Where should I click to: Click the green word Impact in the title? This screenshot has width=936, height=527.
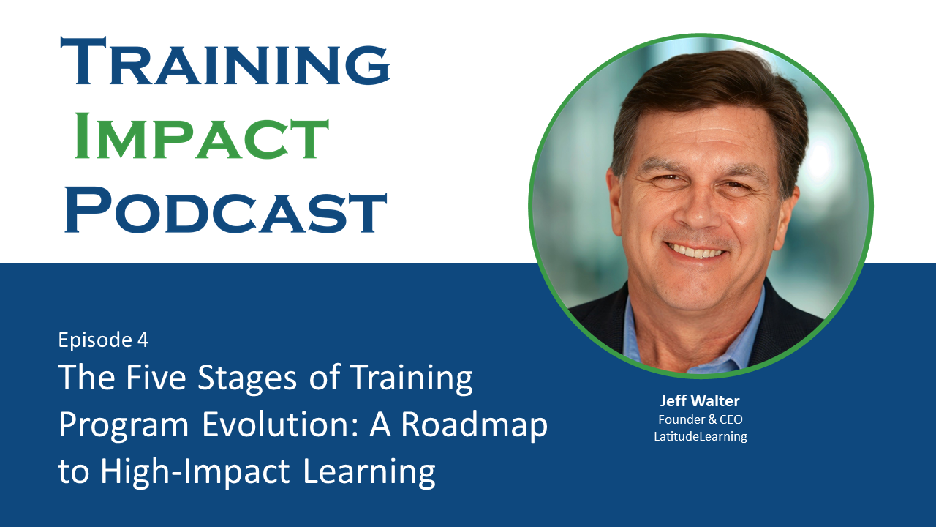202,136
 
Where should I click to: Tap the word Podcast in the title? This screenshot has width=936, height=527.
226,210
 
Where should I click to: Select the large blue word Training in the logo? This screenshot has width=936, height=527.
225,61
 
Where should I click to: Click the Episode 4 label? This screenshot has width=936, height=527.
103,340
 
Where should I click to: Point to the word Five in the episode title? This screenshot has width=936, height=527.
156,377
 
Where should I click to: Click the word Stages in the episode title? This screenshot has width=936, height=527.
247,378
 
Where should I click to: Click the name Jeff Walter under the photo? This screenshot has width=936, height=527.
700,400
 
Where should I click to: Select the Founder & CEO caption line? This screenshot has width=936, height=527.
701,419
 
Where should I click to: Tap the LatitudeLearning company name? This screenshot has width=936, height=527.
701,436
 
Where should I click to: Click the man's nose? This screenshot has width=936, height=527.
697,209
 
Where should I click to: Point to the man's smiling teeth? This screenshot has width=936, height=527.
695,251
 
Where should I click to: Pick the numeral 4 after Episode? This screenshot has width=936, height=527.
143,340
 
